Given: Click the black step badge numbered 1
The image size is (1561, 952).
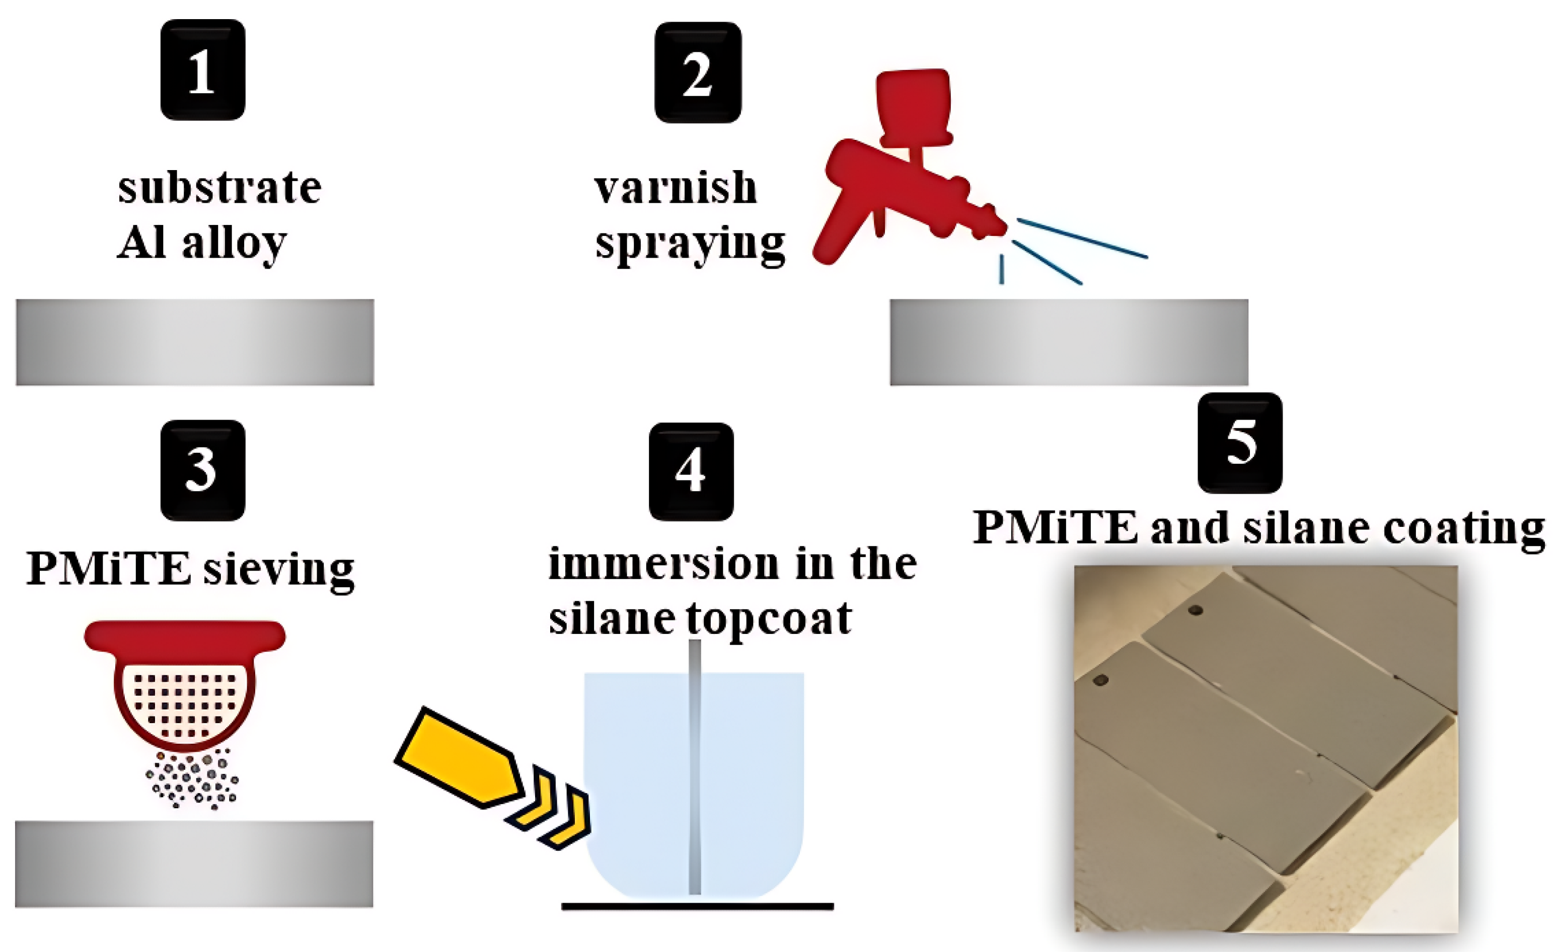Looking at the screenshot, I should point(203,69).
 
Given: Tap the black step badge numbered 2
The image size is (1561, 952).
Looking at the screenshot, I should point(698,73).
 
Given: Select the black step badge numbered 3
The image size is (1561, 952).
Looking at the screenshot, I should point(203,470).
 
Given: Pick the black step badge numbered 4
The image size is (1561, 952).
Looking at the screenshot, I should point(691,471).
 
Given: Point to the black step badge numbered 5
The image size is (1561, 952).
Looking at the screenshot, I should point(1240,443).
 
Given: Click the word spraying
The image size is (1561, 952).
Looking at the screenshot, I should point(690,244).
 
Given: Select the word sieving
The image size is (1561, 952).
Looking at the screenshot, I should point(279,570).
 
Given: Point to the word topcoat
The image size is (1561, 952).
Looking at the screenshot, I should point(769,619).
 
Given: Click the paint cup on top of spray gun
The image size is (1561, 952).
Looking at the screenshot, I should point(913,105).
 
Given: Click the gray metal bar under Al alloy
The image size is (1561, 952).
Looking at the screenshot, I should point(195,342).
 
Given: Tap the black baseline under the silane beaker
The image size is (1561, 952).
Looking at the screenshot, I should point(697,906).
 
